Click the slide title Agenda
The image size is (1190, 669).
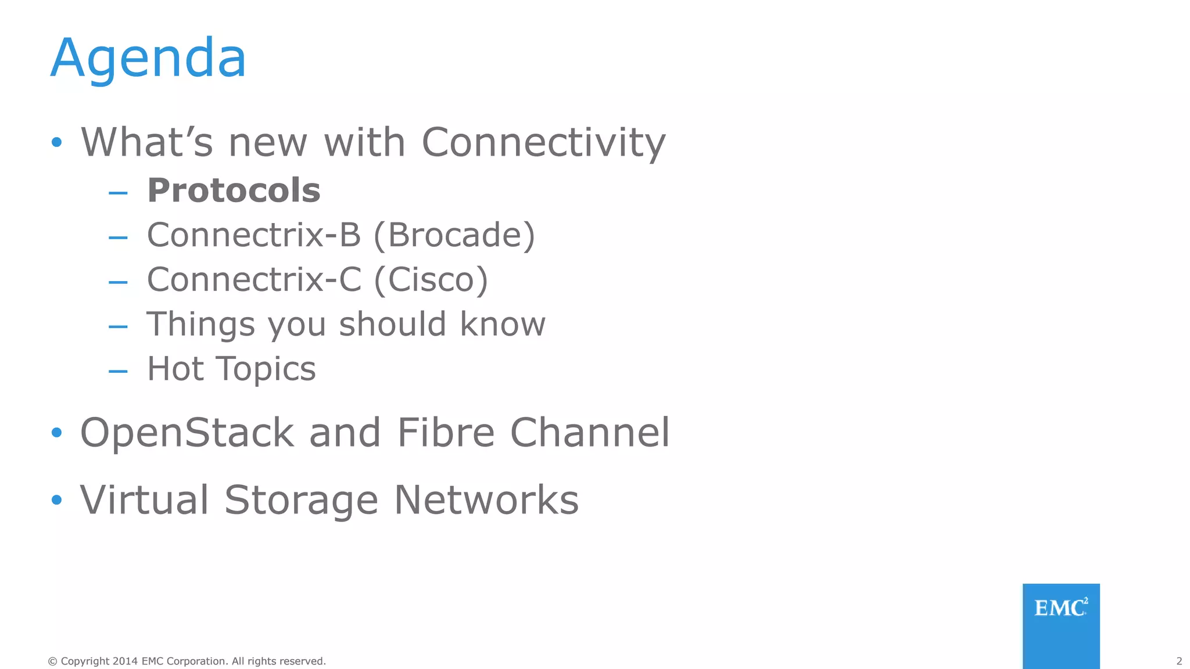tap(149, 59)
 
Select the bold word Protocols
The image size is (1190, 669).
tap(234, 190)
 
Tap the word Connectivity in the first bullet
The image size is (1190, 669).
tap(543, 142)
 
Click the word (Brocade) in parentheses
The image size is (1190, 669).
tap(454, 235)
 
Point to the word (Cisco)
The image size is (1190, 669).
tap(431, 280)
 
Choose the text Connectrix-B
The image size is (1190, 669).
tap(254, 235)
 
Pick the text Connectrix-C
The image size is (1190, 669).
tap(254, 280)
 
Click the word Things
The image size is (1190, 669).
tap(200, 325)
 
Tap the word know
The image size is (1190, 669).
tap(503, 324)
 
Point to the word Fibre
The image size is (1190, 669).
tap(446, 433)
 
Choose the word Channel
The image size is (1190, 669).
tap(590, 433)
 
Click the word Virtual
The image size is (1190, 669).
tap(144, 500)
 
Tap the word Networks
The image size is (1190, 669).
tap(486, 500)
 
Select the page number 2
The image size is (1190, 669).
tap(1179, 661)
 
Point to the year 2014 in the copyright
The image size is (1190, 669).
tap(125, 661)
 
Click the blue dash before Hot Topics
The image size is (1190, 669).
tap(118, 371)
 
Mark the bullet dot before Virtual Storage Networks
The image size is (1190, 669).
tap(56, 500)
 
